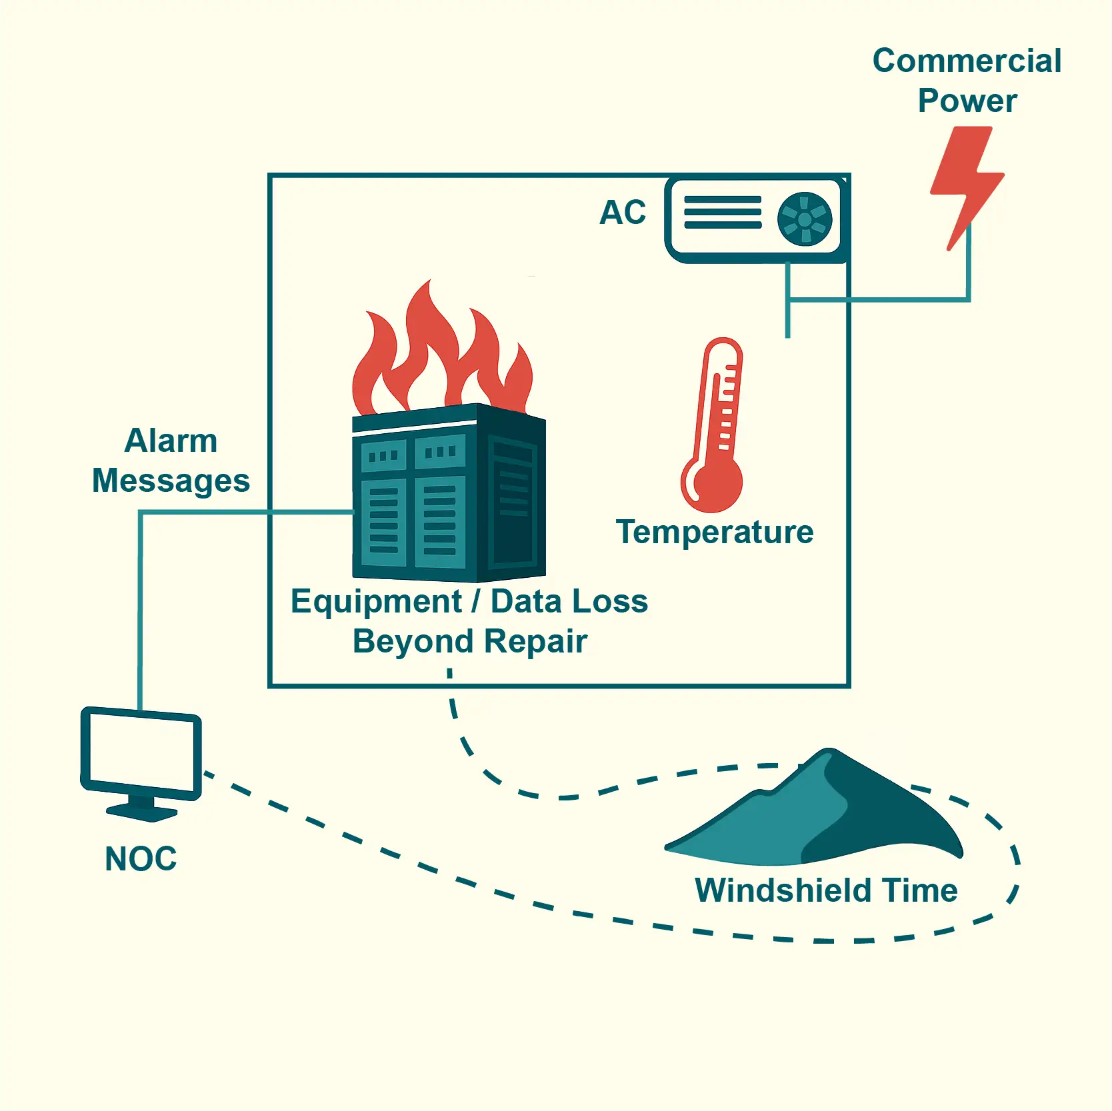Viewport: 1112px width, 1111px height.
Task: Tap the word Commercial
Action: pos(967,61)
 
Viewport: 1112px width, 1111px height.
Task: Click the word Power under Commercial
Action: pos(967,101)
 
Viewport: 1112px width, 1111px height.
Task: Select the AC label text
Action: pos(623,213)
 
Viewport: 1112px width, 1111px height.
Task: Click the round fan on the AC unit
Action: pos(805,219)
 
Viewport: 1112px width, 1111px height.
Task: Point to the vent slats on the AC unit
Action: pos(723,213)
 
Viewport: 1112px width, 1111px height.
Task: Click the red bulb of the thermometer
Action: pos(712,483)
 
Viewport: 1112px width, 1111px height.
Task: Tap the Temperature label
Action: pos(715,532)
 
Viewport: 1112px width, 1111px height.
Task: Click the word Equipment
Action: pos(376,601)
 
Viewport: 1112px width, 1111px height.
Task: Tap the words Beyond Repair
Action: pos(470,641)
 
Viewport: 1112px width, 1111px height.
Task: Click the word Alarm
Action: pos(171,441)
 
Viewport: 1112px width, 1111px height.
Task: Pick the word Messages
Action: pos(171,481)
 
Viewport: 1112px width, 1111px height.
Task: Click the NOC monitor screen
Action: pos(141,752)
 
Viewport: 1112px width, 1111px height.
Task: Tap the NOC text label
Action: pos(141,858)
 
